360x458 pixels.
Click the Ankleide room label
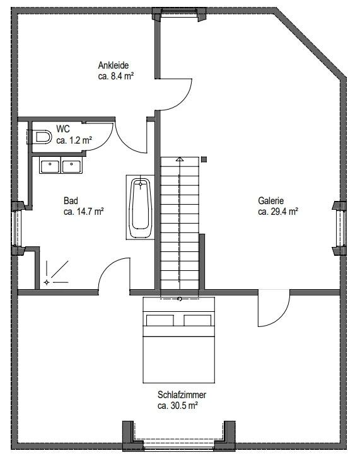pyautogui.click(x=113, y=66)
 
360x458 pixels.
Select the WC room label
pyautogui.click(x=62, y=129)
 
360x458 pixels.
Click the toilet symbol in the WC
pyautogui.click(x=40, y=137)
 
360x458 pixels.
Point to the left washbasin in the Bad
pyautogui.click(x=50, y=166)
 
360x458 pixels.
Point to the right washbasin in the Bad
pyautogui.click(x=71, y=166)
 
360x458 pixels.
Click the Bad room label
pyautogui.click(x=71, y=201)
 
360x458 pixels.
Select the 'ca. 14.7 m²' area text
pyautogui.click(x=83, y=212)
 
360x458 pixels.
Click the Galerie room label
pyautogui.click(x=270, y=201)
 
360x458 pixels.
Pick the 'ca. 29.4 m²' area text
pyautogui.click(x=277, y=212)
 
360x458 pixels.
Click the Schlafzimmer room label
pyautogui.click(x=182, y=395)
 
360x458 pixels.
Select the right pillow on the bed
pyautogui.click(x=199, y=320)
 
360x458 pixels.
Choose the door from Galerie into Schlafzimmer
pyautogui.click(x=273, y=309)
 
